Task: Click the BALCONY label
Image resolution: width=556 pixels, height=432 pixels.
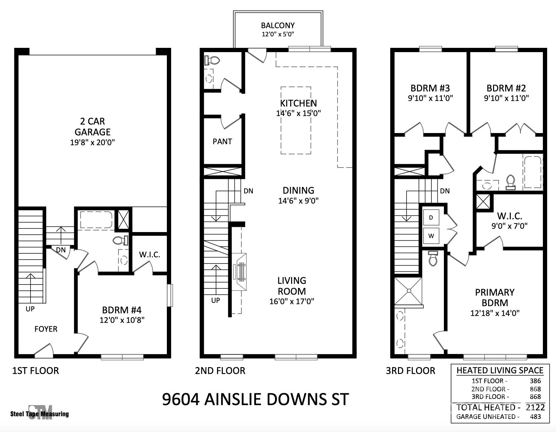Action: click(278, 26)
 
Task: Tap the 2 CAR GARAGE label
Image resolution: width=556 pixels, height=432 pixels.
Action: click(92, 127)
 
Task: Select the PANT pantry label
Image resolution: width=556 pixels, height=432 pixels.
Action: click(222, 142)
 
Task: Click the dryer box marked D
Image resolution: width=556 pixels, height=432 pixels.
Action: click(431, 217)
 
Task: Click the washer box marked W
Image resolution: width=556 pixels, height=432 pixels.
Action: click(431, 236)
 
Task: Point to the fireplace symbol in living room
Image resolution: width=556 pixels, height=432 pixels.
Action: click(239, 272)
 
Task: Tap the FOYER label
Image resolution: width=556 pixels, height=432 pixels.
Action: click(46, 329)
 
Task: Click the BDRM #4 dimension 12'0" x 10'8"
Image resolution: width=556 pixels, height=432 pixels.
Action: click(122, 320)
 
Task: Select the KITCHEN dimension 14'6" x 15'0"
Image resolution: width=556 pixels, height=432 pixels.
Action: click(298, 113)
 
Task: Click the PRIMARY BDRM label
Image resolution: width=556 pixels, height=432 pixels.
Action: click(495, 297)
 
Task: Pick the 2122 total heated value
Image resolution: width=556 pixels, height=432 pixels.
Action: click(535, 407)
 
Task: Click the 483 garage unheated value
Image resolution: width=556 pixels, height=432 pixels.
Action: click(535, 417)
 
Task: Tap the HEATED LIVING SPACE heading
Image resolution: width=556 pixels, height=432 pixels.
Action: click(500, 370)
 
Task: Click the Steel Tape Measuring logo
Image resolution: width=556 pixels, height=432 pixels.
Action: click(40, 413)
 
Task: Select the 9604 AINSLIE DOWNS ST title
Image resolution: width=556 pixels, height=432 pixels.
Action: click(255, 399)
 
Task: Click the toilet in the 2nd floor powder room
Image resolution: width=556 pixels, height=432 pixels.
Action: click(212, 60)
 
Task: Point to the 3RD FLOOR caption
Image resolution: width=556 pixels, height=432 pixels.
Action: click(410, 371)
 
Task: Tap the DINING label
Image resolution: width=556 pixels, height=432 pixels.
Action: click(298, 190)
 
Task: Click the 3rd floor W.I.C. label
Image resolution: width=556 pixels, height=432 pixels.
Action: click(509, 216)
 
